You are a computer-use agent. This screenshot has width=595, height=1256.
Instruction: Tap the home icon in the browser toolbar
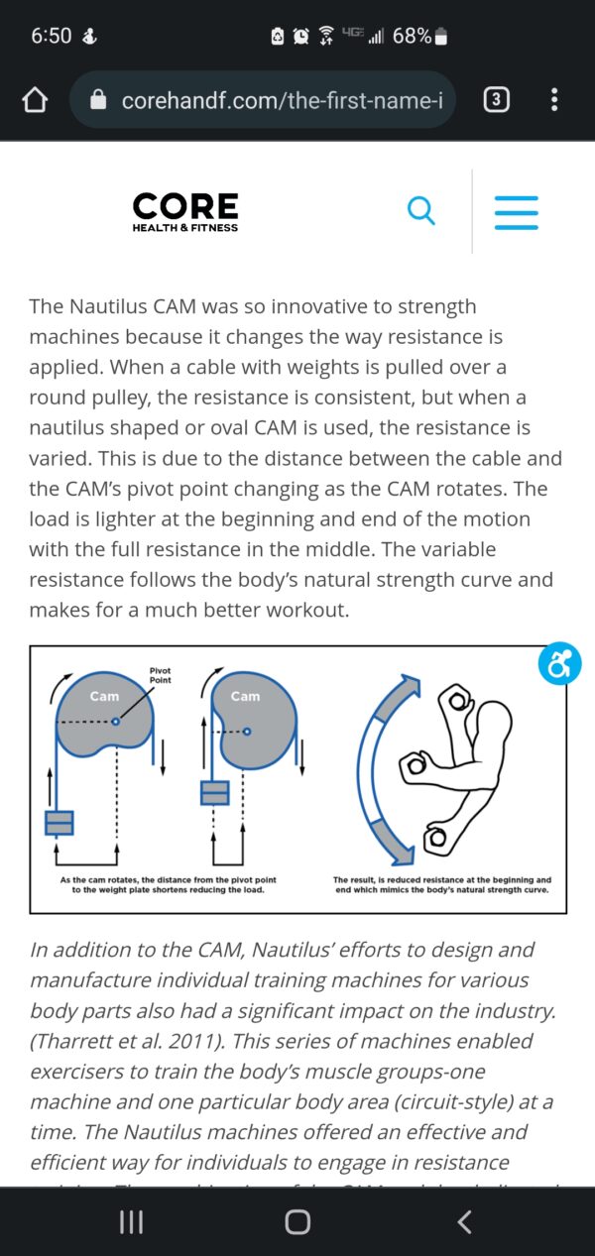[x=35, y=100]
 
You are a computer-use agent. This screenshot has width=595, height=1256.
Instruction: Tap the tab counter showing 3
[x=496, y=99]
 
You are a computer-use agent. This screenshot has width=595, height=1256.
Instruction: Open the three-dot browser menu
[x=553, y=99]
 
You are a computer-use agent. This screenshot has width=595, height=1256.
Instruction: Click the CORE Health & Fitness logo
[x=185, y=211]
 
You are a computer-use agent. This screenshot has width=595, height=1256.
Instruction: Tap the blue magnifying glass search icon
[x=421, y=210]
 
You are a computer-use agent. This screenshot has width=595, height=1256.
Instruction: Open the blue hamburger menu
[x=516, y=211]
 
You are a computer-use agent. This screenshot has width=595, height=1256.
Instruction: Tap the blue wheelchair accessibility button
[x=559, y=663]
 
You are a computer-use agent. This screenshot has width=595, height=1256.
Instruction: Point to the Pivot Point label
[x=160, y=674]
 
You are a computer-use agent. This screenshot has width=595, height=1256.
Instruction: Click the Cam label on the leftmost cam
[x=104, y=696]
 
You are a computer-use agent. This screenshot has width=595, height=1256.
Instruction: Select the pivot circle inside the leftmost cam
[x=116, y=722]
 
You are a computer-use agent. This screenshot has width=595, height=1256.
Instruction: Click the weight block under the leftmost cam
[x=59, y=823]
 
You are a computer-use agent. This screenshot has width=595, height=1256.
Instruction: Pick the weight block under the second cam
[x=214, y=792]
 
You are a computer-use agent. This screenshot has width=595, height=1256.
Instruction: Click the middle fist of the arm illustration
[x=414, y=765]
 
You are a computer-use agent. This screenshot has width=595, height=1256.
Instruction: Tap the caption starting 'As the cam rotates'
[x=168, y=885]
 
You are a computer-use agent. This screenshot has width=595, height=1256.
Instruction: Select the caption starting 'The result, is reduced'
[x=441, y=885]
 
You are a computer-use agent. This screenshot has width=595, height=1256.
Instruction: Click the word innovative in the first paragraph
[x=302, y=306]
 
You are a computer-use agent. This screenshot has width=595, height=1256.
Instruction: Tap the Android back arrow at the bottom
[x=464, y=1221]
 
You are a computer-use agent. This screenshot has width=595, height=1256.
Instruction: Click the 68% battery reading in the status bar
[x=412, y=37]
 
